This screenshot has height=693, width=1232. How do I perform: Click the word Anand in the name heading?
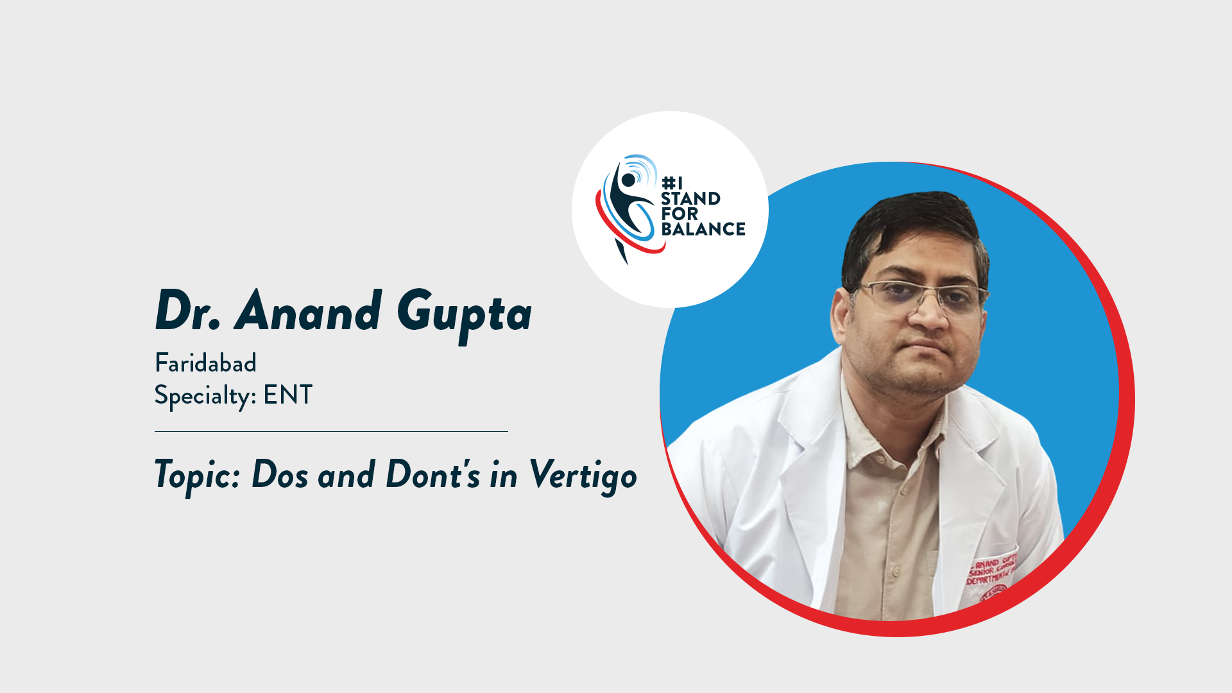coord(309,312)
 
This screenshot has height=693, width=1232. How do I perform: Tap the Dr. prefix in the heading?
coord(187,312)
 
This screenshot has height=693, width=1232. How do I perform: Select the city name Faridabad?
coord(205,364)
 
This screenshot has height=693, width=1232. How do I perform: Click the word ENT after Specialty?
coord(287,395)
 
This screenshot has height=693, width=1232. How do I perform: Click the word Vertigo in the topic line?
coord(583,476)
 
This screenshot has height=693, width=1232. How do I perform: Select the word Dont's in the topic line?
coord(433,475)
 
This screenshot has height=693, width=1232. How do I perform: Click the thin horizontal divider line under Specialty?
coord(331,432)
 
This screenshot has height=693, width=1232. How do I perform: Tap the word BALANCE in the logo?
coord(703,229)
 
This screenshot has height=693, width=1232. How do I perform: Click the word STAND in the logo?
coord(690,199)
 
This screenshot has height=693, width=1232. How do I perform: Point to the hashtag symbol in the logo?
coord(668,184)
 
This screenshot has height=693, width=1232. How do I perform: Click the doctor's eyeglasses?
coord(921,296)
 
